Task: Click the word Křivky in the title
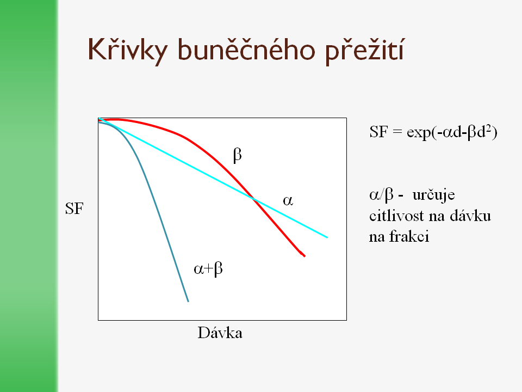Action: pos(127,50)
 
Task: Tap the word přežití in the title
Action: pos(364,50)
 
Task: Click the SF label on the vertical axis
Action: pos(74,209)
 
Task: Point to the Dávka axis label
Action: pos(220,333)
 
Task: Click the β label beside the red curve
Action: pos(238,155)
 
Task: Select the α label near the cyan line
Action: pos(288,201)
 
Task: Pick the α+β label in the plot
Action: pos(208,268)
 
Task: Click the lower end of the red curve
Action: pos(304,256)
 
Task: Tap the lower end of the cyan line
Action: pos(327,238)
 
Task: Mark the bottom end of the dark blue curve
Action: pos(189,302)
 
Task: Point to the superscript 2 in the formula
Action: pos(489,128)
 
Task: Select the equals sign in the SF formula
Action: pos(397,132)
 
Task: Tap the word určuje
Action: pos(433,195)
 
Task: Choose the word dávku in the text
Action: pos(470,216)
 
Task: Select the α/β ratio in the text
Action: pos(381,195)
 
